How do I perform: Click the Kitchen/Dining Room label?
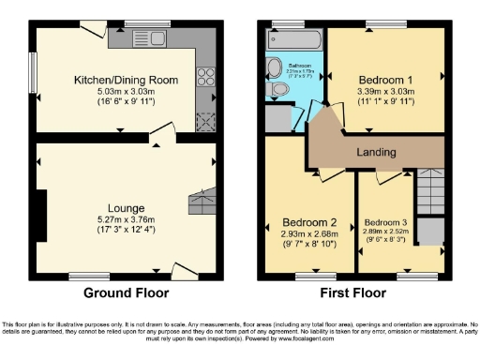(127, 81)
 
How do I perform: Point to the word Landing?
(376, 152)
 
